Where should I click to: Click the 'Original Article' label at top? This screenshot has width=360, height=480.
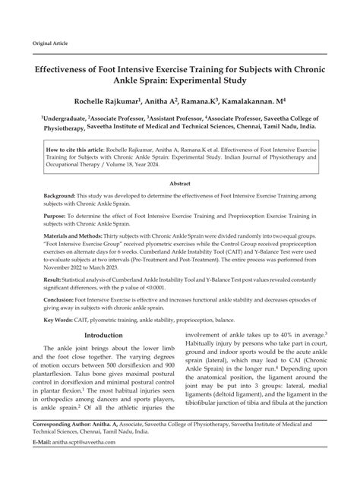[x=49, y=43]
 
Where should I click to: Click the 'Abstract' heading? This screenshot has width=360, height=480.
[x=180, y=184]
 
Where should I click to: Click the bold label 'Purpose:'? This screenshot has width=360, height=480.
[x=58, y=216]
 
